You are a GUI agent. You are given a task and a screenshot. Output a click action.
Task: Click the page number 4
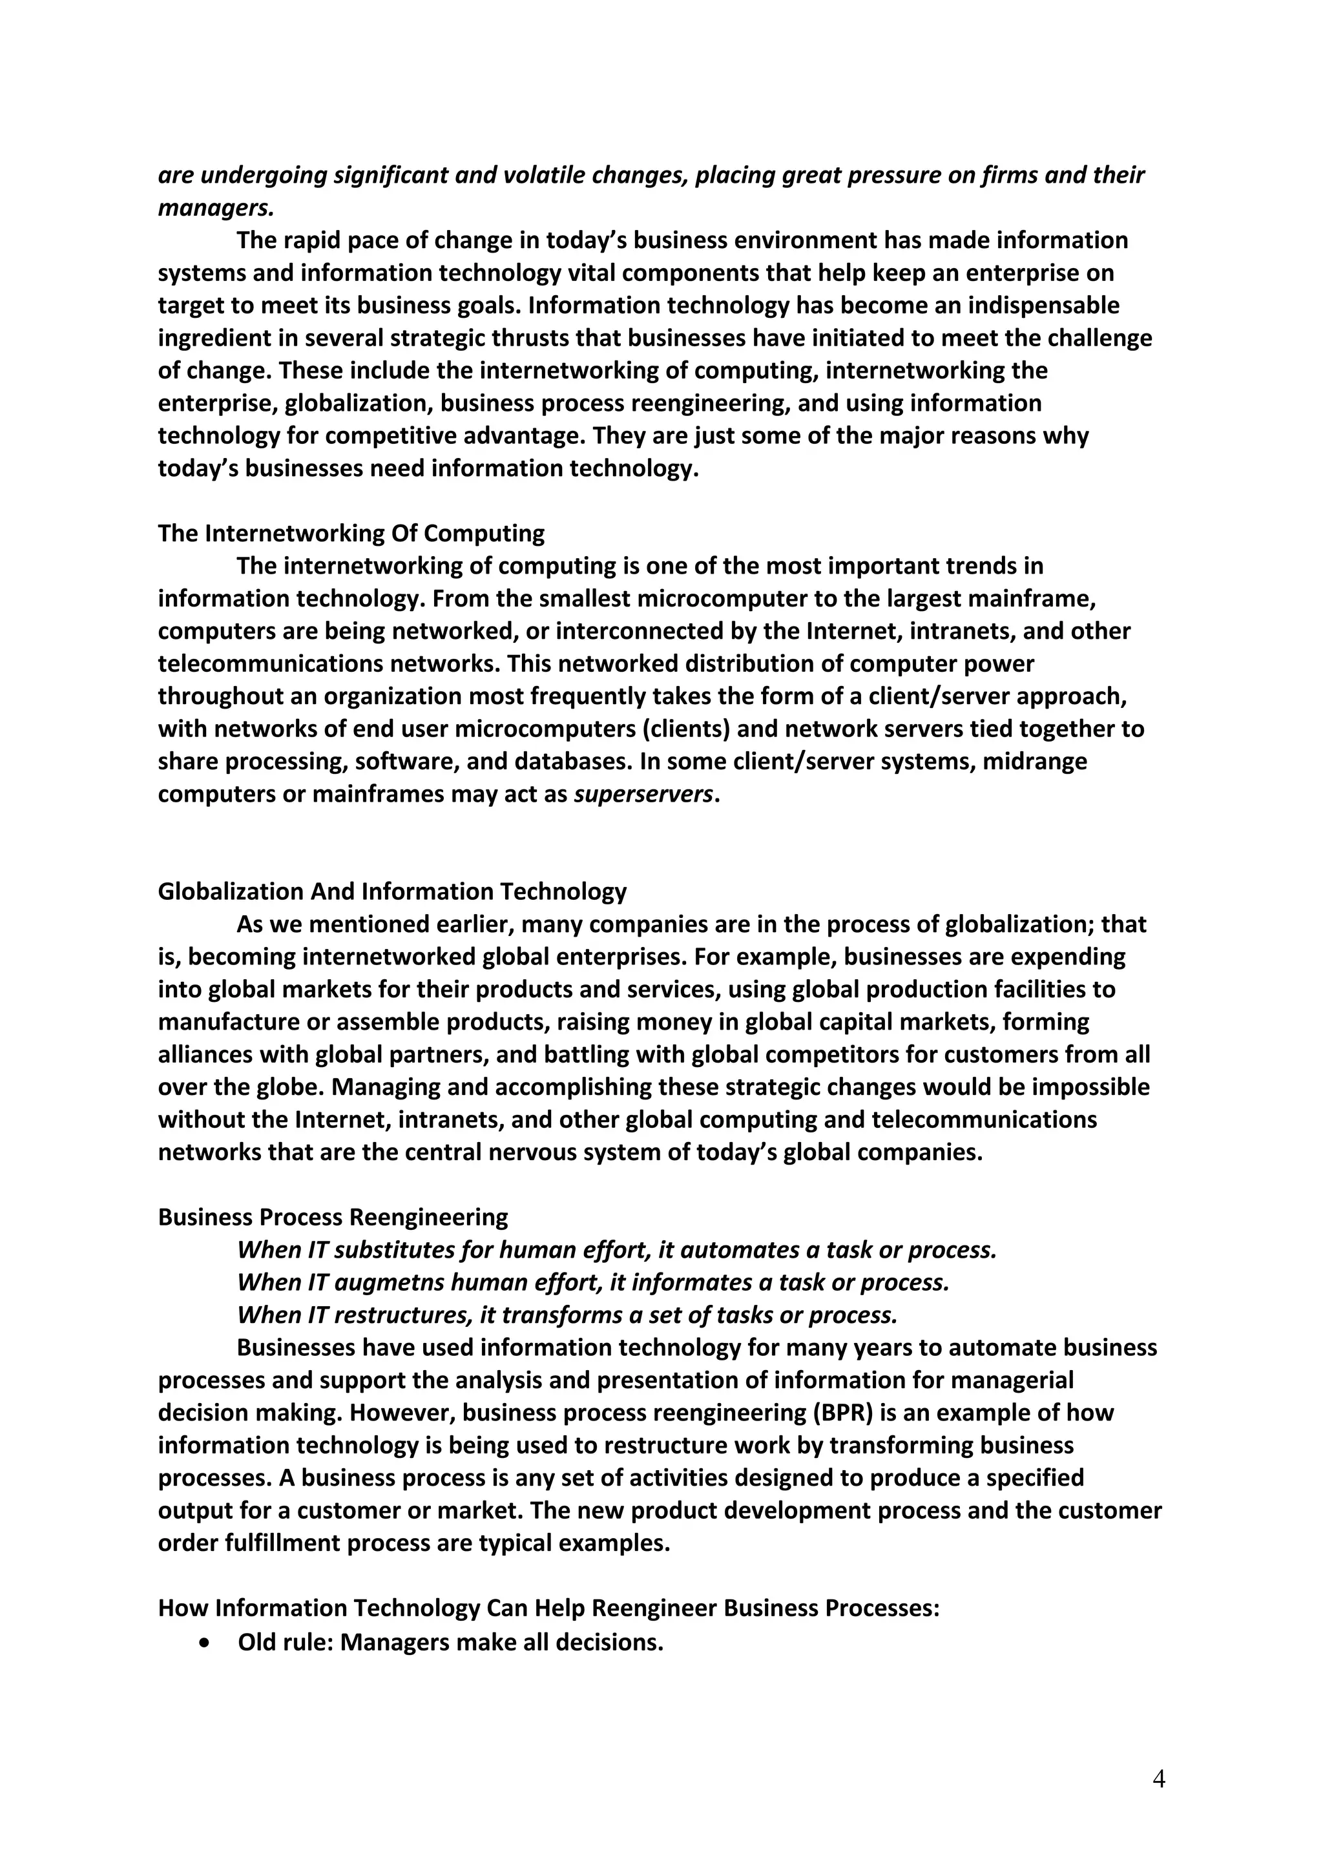click(1158, 1779)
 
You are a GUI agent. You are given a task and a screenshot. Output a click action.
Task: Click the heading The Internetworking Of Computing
click(351, 533)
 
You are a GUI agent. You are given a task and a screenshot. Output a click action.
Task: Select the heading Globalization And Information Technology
click(391, 891)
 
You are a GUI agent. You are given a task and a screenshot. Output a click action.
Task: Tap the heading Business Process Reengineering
click(333, 1217)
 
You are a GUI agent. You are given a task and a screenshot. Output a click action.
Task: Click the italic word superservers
click(643, 794)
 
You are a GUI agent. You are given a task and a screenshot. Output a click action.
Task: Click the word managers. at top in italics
click(215, 208)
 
